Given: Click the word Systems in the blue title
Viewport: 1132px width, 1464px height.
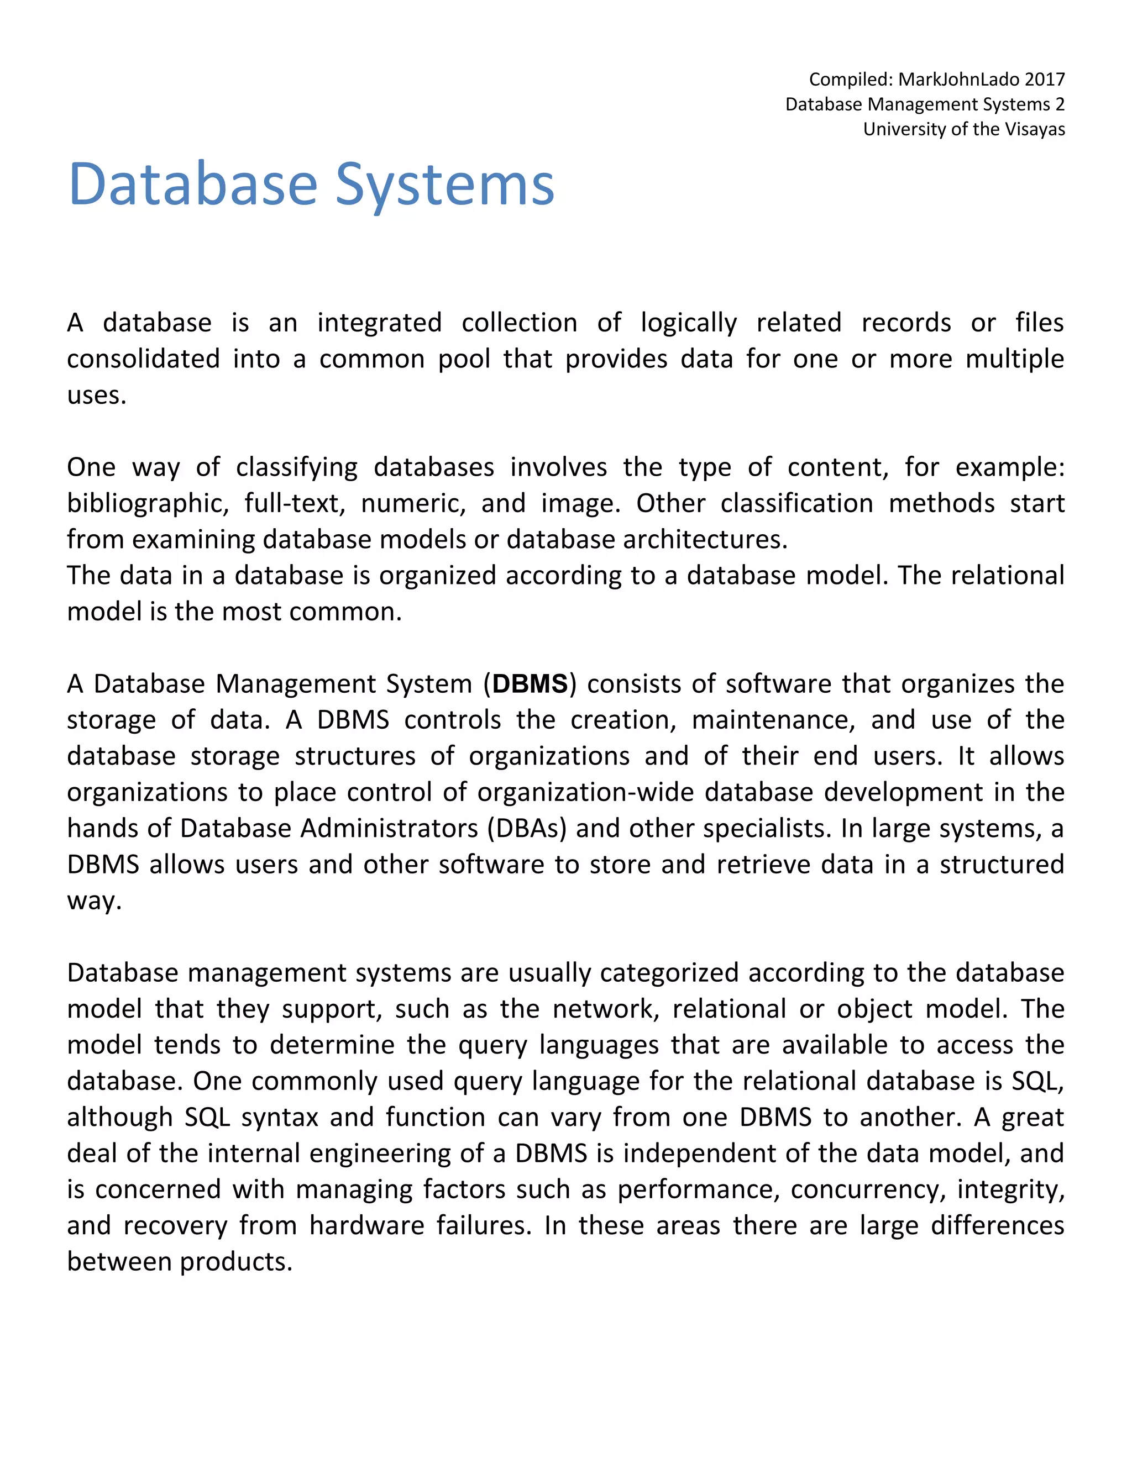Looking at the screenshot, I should pyautogui.click(x=444, y=185).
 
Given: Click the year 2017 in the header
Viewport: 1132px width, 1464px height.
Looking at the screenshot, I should pyautogui.click(x=1044, y=79).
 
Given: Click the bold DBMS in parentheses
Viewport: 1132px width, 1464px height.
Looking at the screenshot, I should pyautogui.click(x=530, y=684).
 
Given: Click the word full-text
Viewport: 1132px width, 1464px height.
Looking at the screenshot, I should pyautogui.click(x=295, y=503).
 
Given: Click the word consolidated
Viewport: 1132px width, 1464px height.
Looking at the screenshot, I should pyautogui.click(x=143, y=359).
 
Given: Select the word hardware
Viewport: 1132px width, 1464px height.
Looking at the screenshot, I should pyautogui.click(x=366, y=1225).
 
